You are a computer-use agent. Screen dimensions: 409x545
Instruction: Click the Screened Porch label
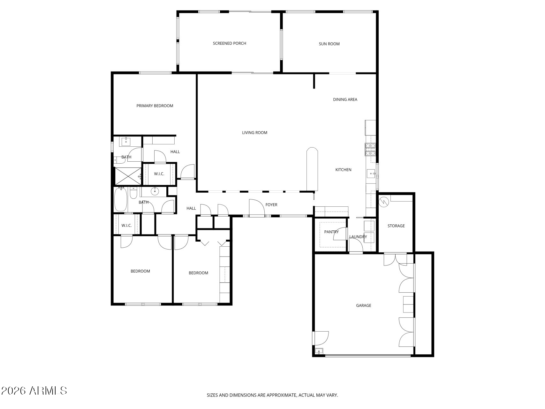pyautogui.click(x=229, y=43)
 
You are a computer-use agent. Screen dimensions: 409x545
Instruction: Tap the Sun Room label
pyautogui.click(x=329, y=44)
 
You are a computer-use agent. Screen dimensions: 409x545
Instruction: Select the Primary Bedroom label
pyautogui.click(x=155, y=106)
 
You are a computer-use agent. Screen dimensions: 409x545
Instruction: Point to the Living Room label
pyautogui.click(x=254, y=133)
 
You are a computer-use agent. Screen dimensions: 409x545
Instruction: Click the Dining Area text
pyautogui.click(x=345, y=99)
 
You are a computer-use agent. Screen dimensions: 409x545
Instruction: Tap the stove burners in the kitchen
pyautogui.click(x=370, y=149)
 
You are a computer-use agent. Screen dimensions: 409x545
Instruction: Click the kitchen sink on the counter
pyautogui.click(x=371, y=174)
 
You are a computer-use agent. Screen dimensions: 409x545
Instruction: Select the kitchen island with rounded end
pyautogui.click(x=312, y=169)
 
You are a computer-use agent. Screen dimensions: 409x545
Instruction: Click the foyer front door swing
pyautogui.click(x=257, y=208)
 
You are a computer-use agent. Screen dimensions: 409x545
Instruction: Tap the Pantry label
pyautogui.click(x=331, y=232)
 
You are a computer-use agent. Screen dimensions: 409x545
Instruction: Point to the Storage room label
pyautogui.click(x=396, y=226)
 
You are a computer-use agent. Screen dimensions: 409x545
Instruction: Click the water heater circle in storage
pyautogui.click(x=383, y=202)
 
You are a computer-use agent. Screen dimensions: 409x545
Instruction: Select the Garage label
pyautogui.click(x=363, y=305)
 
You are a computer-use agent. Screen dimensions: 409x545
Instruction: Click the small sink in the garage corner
pyautogui.click(x=319, y=351)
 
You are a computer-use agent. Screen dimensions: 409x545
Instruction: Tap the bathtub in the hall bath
pyautogui.click(x=121, y=200)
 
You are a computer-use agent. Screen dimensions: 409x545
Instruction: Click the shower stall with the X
pyautogui.click(x=128, y=176)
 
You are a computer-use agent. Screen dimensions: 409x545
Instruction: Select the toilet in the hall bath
pyautogui.click(x=133, y=193)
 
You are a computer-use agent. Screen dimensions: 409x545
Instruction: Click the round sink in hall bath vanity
pyautogui.click(x=155, y=191)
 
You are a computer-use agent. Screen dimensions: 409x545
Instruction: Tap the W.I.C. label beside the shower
pyautogui.click(x=159, y=174)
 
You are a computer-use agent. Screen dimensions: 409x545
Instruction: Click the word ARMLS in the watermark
pyautogui.click(x=48, y=390)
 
